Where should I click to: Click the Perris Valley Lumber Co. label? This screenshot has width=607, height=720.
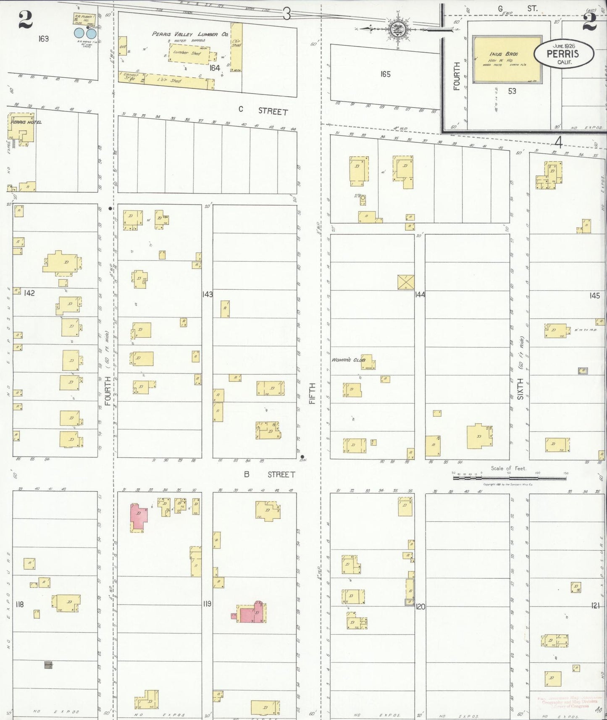pyautogui.click(x=190, y=34)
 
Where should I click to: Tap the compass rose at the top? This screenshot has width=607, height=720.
pyautogui.click(x=396, y=29)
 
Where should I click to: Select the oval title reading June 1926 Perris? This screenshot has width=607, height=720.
pyautogui.click(x=564, y=53)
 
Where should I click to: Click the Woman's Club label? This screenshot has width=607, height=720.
pyautogui.click(x=348, y=360)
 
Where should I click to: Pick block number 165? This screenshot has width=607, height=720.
pyautogui.click(x=385, y=74)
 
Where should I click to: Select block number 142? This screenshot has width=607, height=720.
pyautogui.click(x=29, y=293)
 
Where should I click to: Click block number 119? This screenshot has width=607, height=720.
pyautogui.click(x=207, y=604)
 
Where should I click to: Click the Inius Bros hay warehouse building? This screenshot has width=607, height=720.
pyautogui.click(x=507, y=59)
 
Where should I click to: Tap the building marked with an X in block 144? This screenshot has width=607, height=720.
pyautogui.click(x=406, y=282)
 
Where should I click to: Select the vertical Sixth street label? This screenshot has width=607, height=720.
pyautogui.click(x=520, y=389)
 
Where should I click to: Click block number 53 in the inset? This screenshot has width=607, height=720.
pyautogui.click(x=512, y=91)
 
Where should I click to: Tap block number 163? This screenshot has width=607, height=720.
pyautogui.click(x=43, y=39)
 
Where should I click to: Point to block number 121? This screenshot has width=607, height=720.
pyautogui.click(x=595, y=605)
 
